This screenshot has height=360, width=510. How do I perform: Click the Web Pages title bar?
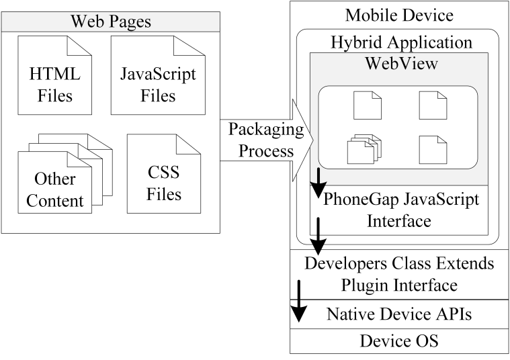tap(111, 21)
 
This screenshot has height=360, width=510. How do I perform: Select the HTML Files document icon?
tap(54, 75)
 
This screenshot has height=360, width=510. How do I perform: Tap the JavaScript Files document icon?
tap(158, 75)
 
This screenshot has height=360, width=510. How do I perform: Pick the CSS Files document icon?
tap(163, 174)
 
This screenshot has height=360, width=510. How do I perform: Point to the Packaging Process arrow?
tap(267, 140)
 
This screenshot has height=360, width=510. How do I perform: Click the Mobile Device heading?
tap(399, 15)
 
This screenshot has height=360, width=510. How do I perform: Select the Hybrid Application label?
tap(401, 42)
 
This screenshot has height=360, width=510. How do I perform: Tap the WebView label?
tap(401, 63)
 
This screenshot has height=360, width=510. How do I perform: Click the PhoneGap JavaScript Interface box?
tap(399, 210)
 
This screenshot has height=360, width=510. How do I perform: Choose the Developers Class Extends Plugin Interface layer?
tap(399, 275)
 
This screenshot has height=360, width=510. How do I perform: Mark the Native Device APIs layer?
tap(399, 314)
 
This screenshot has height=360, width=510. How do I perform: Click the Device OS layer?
tap(399, 341)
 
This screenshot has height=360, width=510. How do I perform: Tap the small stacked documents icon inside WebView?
tap(364, 149)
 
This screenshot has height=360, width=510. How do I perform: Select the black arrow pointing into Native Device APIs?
tap(298, 301)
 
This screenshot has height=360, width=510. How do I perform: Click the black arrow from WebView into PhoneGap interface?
tap(318, 183)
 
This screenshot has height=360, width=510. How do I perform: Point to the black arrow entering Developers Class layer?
tap(318, 236)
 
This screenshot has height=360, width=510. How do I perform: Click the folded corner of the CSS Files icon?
tap(189, 144)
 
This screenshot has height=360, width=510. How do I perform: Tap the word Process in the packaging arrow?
tap(266, 151)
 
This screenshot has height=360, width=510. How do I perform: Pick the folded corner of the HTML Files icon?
tap(80, 46)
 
